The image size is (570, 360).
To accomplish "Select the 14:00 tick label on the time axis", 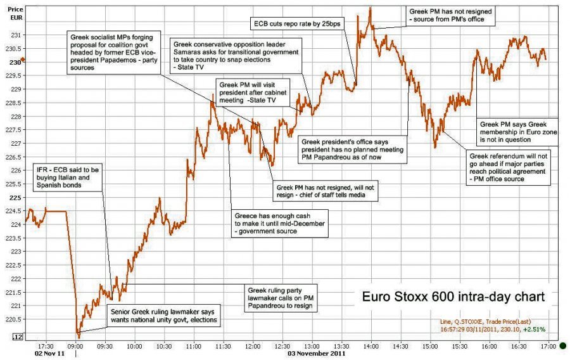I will pyautogui.click(x=371, y=347).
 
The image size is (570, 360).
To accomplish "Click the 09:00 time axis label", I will pyautogui.click(x=75, y=347).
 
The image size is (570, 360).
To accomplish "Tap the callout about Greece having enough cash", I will pyautogui.click(x=279, y=223).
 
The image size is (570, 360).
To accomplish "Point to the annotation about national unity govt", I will pyautogui.click(x=163, y=316).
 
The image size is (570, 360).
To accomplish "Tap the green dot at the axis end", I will pyautogui.click(x=562, y=346).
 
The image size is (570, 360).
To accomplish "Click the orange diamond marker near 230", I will pyautogui.click(x=23, y=60).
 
